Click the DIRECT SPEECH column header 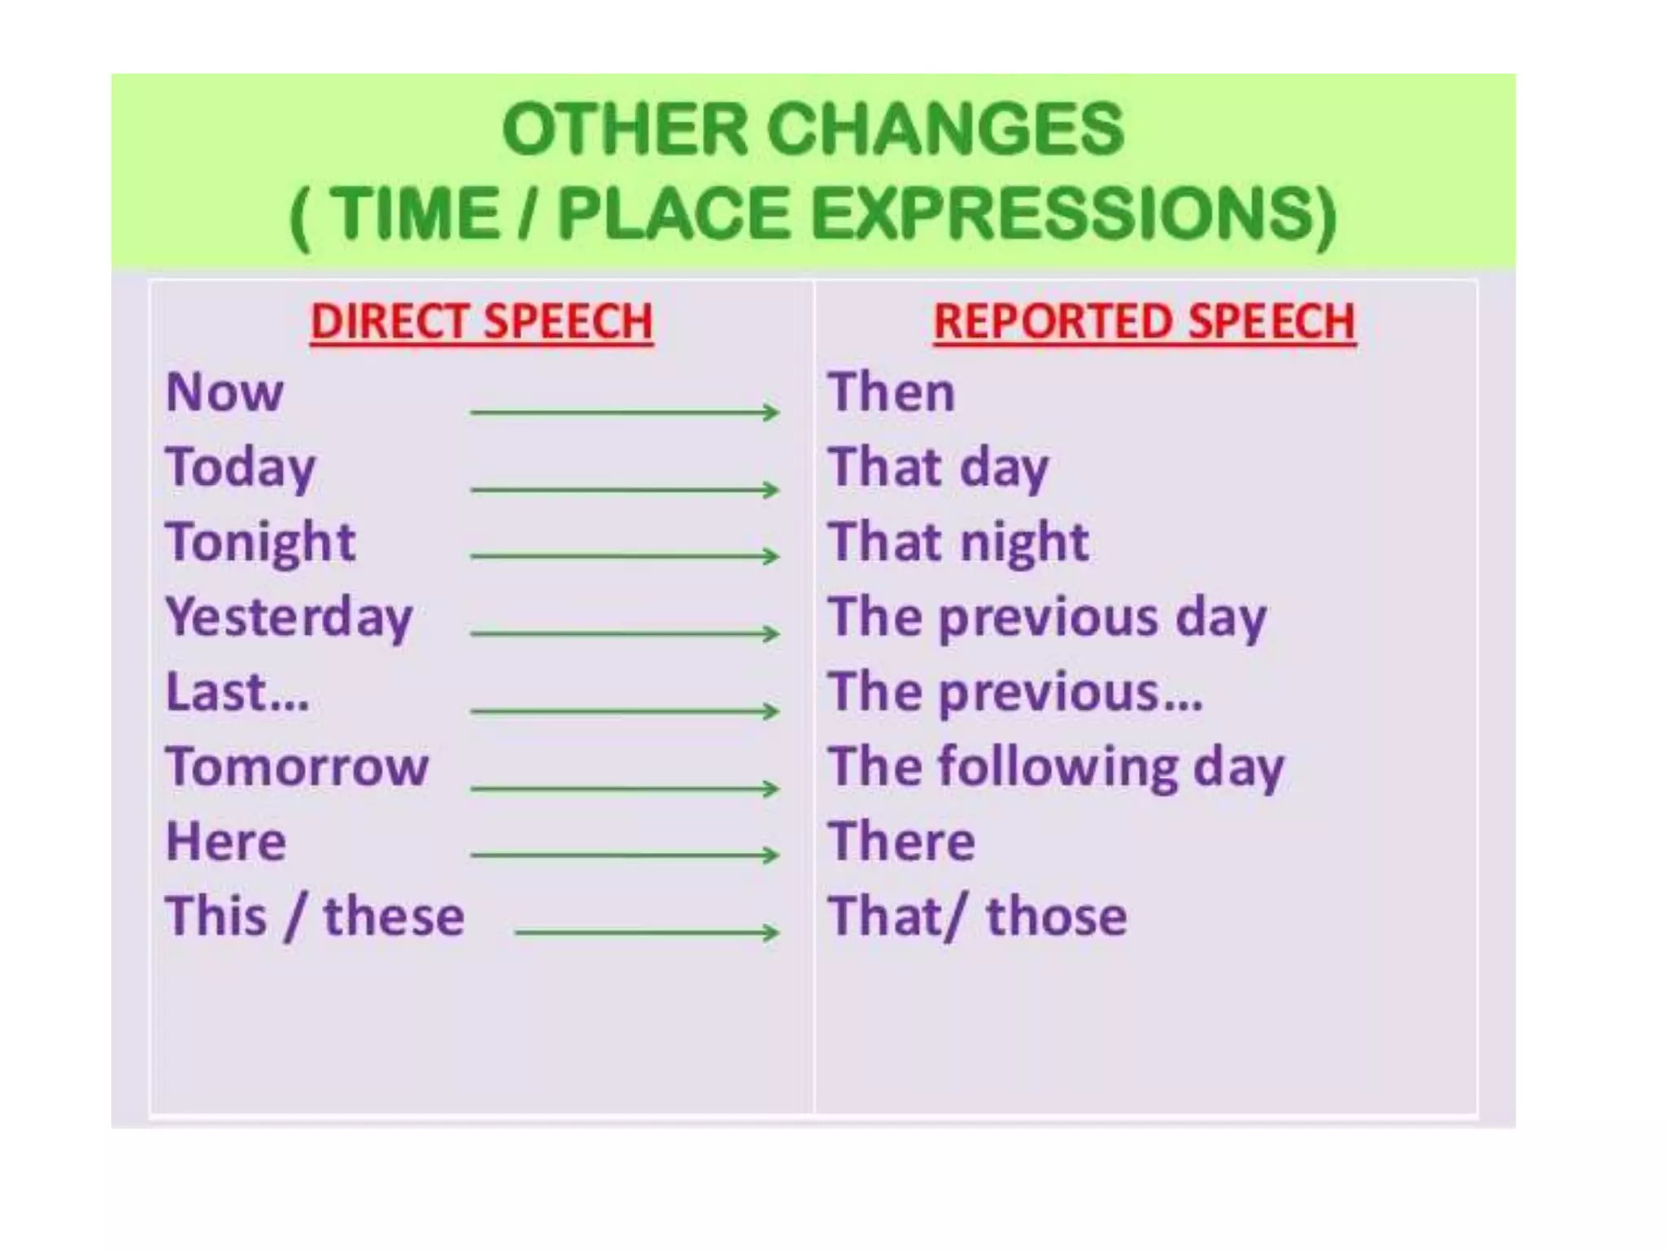point(482,321)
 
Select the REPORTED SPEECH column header point(1144,321)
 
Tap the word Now point(225,392)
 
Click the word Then point(892,392)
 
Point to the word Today point(241,469)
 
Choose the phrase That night point(958,543)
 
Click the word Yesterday point(289,618)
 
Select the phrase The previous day point(1048,618)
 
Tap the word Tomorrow point(297,767)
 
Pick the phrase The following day point(1056,767)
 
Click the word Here point(226,841)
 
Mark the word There point(901,841)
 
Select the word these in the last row point(394,916)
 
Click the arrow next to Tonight point(624,557)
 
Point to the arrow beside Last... point(624,711)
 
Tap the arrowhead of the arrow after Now point(770,412)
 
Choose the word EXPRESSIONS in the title point(1074,213)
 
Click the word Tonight point(260,543)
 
